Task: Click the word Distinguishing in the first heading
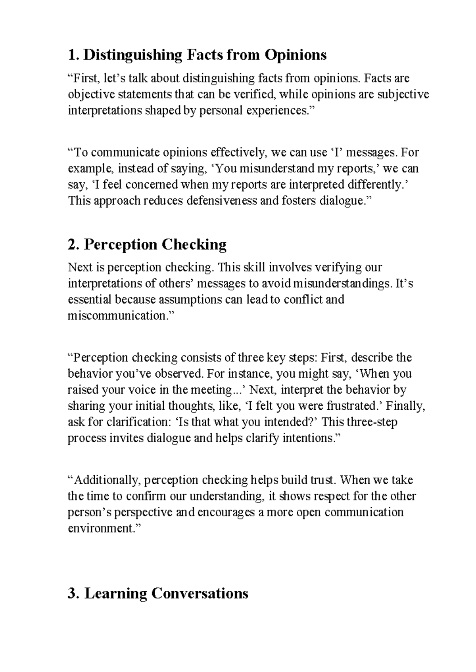click(x=133, y=55)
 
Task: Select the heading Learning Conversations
click(x=167, y=593)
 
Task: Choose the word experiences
click(x=276, y=111)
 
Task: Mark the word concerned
click(x=149, y=185)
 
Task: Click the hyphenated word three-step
click(x=372, y=422)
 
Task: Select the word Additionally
click(x=106, y=480)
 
